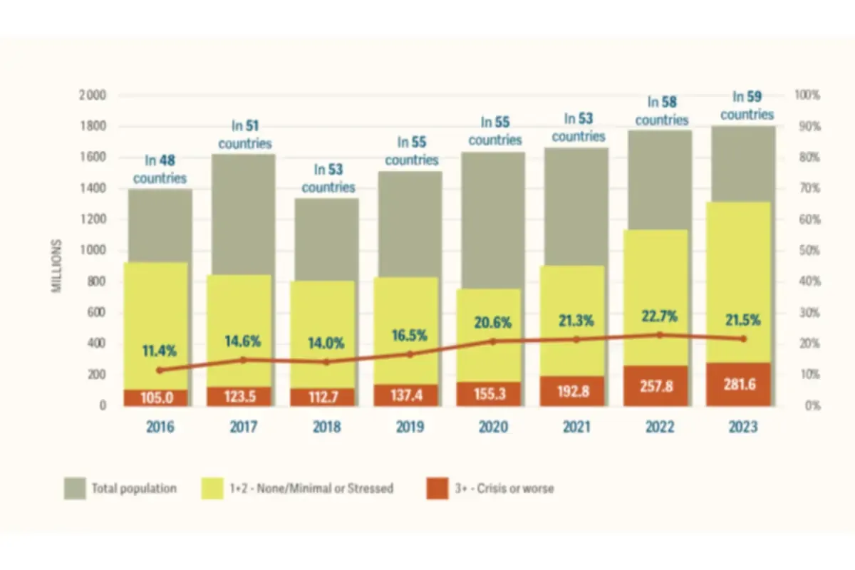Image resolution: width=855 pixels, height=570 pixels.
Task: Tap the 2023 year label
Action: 743,427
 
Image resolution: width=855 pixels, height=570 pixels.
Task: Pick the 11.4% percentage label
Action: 159,351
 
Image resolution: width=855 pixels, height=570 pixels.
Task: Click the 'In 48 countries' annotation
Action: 160,170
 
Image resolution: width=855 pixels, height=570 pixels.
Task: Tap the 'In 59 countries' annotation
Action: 746,105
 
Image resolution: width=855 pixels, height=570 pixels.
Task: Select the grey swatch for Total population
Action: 75,489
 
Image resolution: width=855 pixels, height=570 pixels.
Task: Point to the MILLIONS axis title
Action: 58,266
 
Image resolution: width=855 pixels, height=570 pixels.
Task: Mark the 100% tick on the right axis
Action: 808,95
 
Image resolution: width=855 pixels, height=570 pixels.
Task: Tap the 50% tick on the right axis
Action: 808,250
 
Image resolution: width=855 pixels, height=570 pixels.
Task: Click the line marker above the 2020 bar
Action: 493,341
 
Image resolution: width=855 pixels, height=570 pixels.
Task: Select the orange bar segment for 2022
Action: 659,385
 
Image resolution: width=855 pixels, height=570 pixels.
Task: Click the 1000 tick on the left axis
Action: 93,250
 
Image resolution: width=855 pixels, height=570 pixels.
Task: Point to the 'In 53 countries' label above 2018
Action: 328,179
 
